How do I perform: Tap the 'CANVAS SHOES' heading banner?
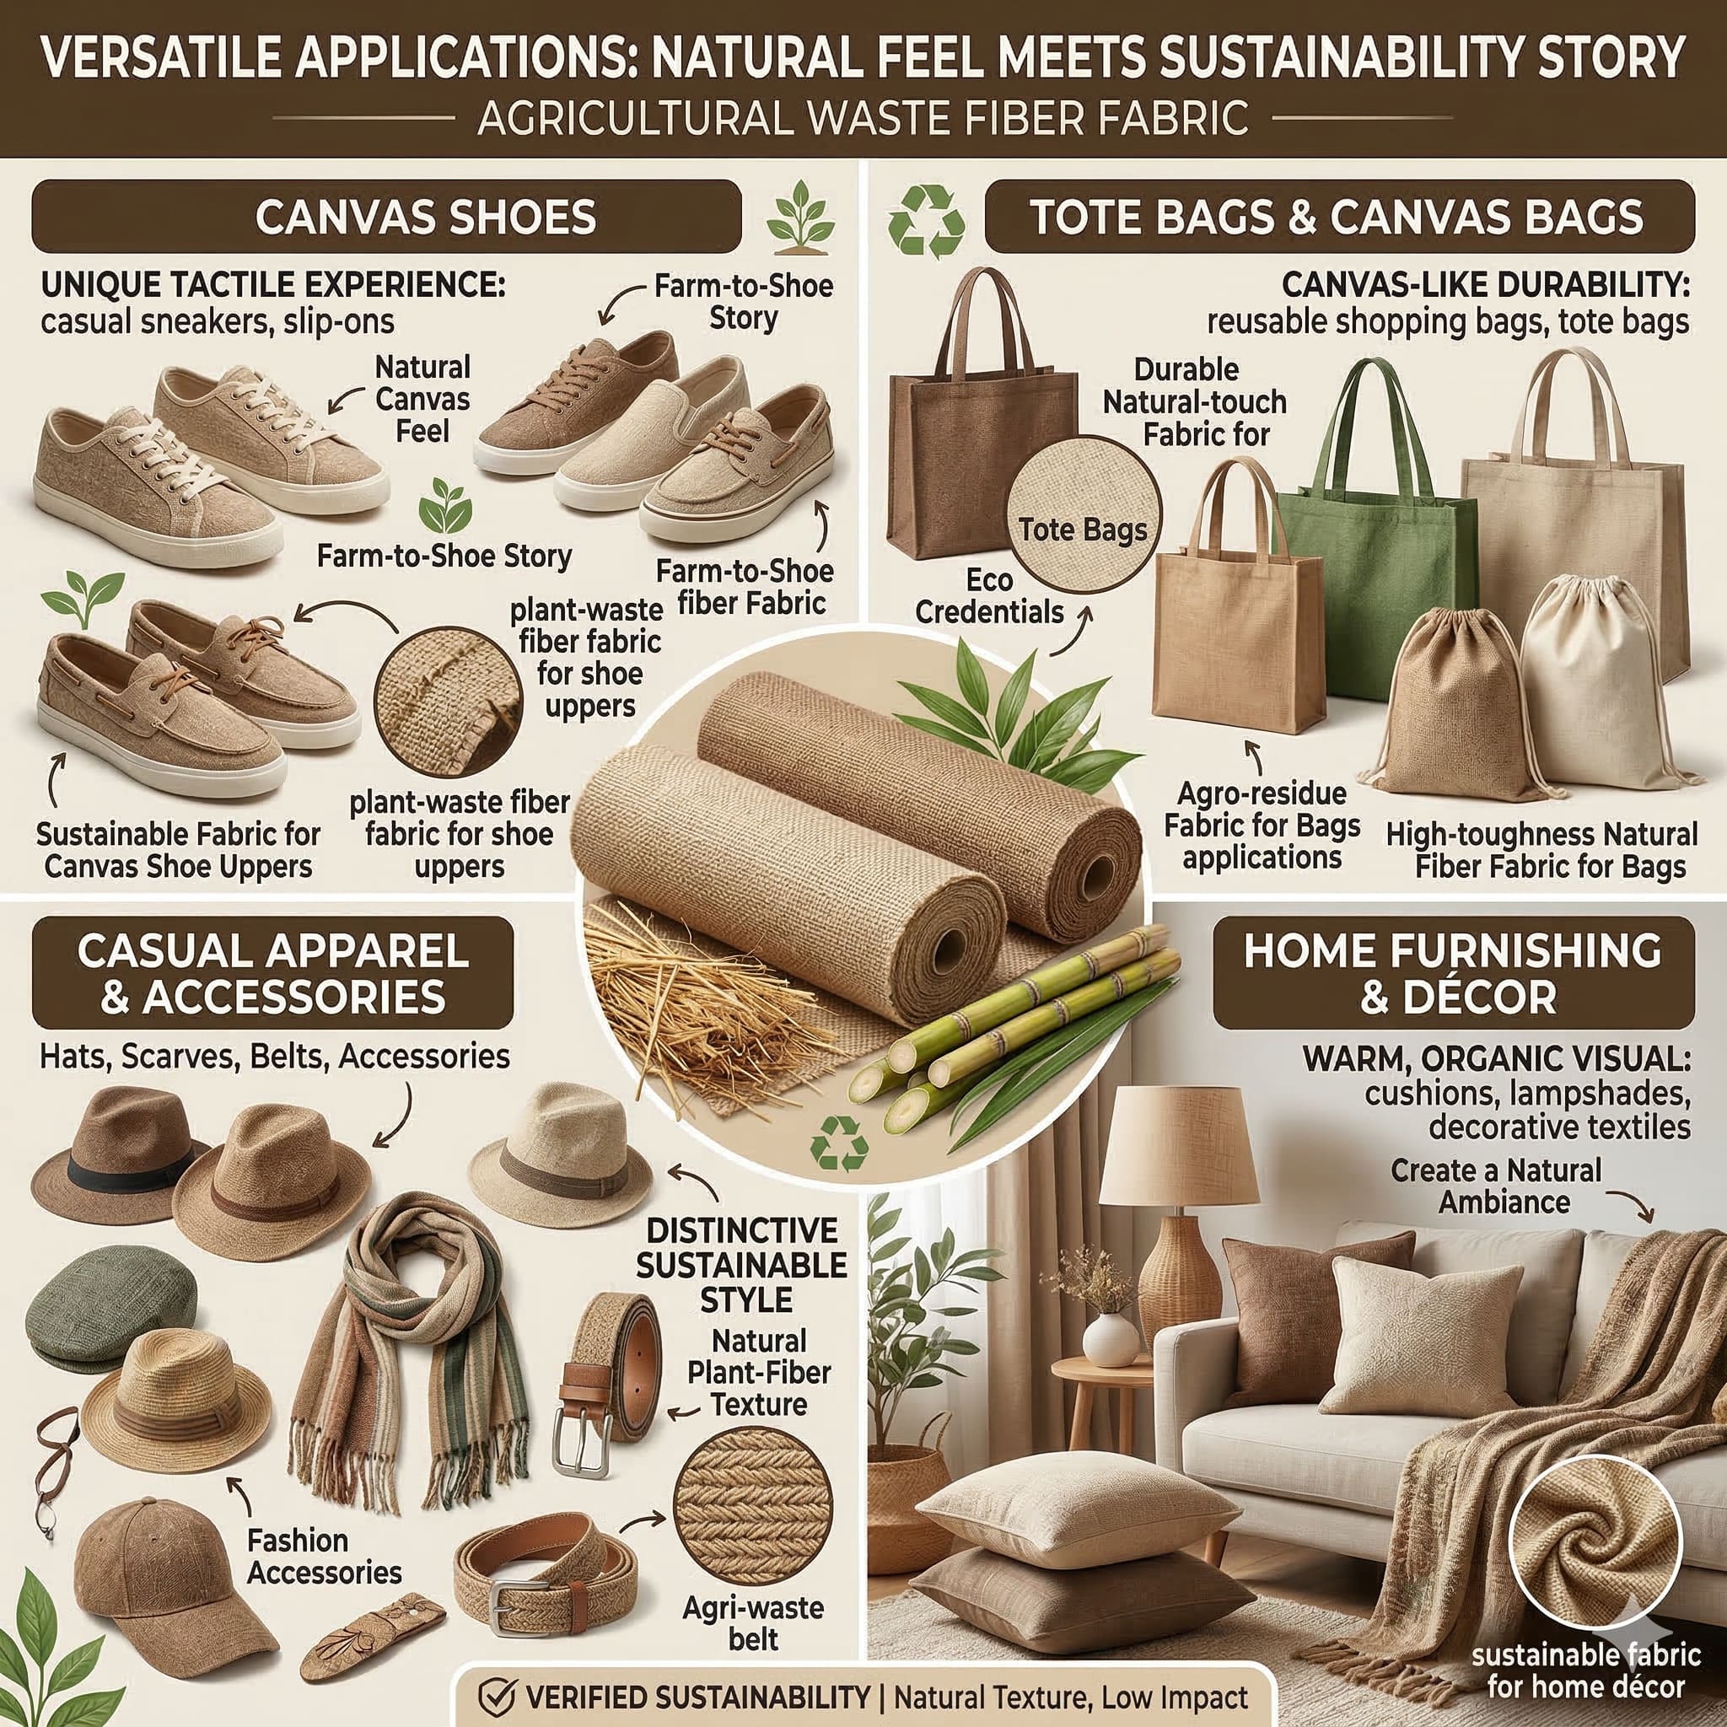point(386,217)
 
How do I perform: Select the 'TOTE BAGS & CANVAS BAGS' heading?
point(1339,217)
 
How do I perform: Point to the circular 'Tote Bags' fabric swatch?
point(1083,530)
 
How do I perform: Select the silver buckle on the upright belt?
point(582,1440)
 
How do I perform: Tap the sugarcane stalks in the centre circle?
point(1010,1037)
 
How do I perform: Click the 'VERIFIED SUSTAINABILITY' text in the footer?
point(698,1697)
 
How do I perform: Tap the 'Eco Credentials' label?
point(989,596)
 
